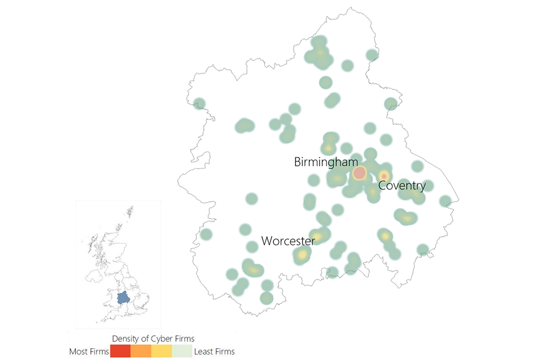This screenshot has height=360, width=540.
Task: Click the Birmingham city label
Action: point(326,162)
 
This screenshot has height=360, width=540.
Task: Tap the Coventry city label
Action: point(402,185)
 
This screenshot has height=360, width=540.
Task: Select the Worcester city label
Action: point(287,241)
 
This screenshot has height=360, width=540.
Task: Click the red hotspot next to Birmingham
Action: point(359,173)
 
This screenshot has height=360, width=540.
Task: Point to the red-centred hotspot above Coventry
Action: point(384,176)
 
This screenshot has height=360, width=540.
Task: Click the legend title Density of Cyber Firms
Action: point(153,339)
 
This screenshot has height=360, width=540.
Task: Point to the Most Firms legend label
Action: point(88,352)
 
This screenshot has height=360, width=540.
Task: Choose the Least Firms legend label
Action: point(214,352)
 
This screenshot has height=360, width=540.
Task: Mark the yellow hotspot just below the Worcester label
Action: point(302,255)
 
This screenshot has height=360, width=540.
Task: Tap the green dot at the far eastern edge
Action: point(445,201)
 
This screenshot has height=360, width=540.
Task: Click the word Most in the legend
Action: point(79,352)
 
